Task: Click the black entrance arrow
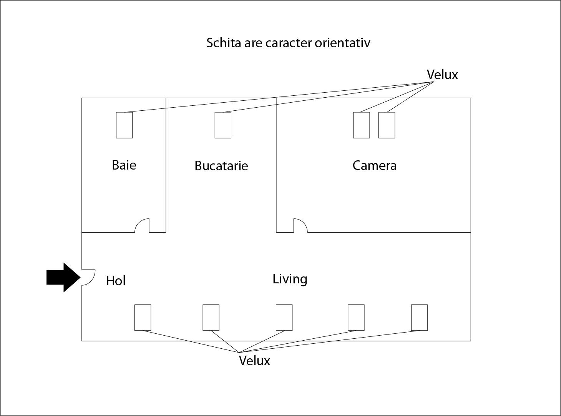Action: [63, 278]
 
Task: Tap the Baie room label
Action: [124, 165]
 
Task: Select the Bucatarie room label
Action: [221, 166]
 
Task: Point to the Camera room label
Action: [375, 166]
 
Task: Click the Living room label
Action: [290, 279]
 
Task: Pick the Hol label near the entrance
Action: [116, 281]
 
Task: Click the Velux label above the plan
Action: [442, 75]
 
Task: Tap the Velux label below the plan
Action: [254, 361]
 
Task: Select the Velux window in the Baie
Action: [124, 125]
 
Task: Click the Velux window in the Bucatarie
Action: [223, 125]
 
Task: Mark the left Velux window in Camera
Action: [362, 125]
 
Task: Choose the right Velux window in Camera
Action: [387, 125]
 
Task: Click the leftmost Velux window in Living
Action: [143, 318]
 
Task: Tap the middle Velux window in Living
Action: [284, 318]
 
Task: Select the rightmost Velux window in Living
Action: [419, 318]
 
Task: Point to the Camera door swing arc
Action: [304, 222]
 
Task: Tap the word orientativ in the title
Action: [342, 43]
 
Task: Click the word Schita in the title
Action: [224, 43]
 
